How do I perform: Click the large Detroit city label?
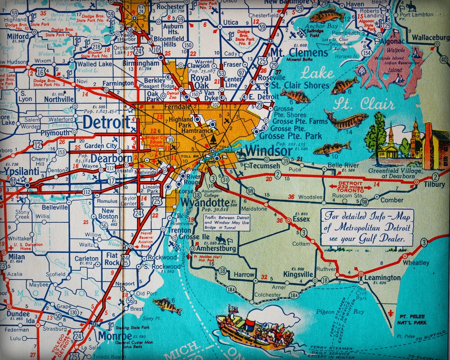point(106,122)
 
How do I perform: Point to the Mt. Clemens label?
point(299,52)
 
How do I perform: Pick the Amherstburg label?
point(214,249)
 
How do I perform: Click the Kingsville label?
point(298,274)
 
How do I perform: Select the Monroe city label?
point(115,336)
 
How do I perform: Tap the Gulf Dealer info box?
point(367,227)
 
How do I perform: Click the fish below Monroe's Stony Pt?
point(165,304)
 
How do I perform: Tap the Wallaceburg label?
point(430,38)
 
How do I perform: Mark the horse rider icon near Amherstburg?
point(221,239)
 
